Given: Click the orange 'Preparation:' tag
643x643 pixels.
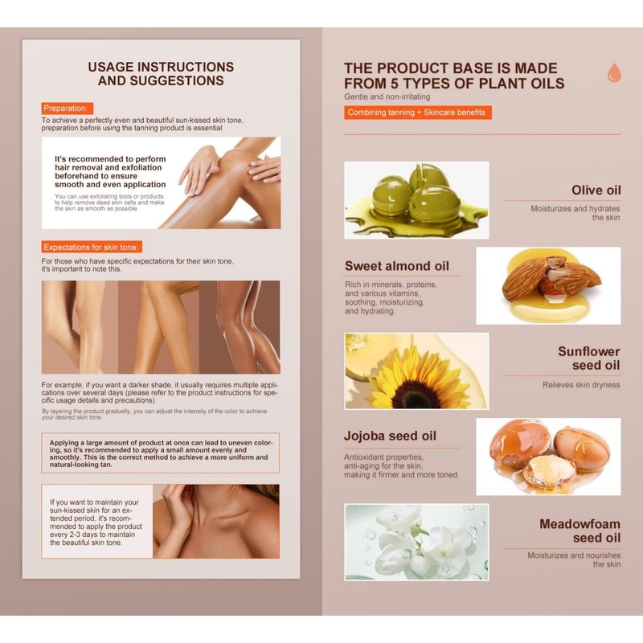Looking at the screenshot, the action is pos(68,109).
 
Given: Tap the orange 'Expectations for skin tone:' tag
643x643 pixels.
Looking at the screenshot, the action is pos(92,247).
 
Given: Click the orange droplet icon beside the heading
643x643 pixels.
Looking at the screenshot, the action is pos(614,72).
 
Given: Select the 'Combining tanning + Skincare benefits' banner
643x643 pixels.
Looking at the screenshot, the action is pos(418,113).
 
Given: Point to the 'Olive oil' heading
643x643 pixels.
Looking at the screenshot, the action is pos(596,190).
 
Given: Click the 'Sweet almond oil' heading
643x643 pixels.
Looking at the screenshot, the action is pos(397,266).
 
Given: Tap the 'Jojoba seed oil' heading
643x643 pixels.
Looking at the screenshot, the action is pos(390,436).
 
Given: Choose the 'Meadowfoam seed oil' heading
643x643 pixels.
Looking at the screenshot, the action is pos(580,530).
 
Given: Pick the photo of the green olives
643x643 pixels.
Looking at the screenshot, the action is pos(416,200).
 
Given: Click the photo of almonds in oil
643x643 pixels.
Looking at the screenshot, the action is pos(548,285).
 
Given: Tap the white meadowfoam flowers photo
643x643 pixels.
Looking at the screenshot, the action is pos(416,542).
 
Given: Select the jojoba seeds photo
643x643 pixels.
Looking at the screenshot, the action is pos(548,457).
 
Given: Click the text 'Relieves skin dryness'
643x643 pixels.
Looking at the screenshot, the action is pos(581,385).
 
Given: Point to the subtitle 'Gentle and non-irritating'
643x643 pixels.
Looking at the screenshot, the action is pos(387,96).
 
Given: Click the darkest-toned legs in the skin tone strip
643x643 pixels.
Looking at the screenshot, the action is pos(240,327).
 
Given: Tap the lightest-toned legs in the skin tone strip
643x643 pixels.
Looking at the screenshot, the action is pos(80,327).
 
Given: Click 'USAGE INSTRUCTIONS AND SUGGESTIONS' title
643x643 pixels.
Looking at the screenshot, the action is pos(161,74).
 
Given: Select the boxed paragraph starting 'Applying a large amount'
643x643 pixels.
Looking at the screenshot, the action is pos(160,453).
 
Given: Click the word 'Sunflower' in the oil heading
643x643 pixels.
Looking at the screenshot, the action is pos(589,351).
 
